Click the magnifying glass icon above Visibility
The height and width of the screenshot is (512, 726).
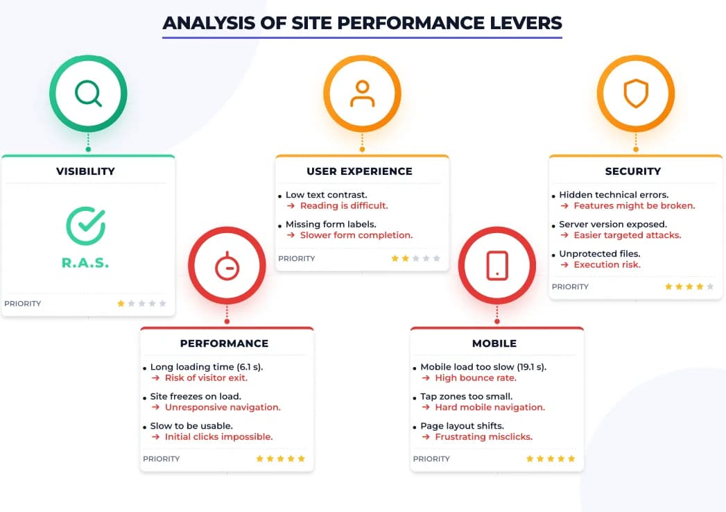(88, 94)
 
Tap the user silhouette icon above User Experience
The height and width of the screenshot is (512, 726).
(362, 94)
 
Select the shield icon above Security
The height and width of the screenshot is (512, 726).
(636, 94)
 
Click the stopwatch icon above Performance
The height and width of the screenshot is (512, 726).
(227, 266)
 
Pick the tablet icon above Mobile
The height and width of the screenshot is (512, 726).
(497, 266)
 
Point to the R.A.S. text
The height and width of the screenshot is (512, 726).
(86, 263)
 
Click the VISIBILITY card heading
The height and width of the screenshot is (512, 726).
(86, 171)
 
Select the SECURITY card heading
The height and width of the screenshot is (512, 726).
(633, 171)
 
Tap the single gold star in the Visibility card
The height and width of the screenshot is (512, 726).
(121, 303)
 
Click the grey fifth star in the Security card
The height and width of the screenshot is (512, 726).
(710, 287)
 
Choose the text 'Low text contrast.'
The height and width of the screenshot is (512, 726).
(327, 195)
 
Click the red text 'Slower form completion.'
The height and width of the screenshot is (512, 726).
(356, 235)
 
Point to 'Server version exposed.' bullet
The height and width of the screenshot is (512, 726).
(613, 225)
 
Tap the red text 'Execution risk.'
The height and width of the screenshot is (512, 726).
(607, 264)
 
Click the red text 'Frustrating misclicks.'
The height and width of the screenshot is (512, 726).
(483, 437)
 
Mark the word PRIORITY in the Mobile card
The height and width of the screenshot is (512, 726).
(432, 459)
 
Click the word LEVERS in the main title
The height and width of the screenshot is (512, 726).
(528, 22)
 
